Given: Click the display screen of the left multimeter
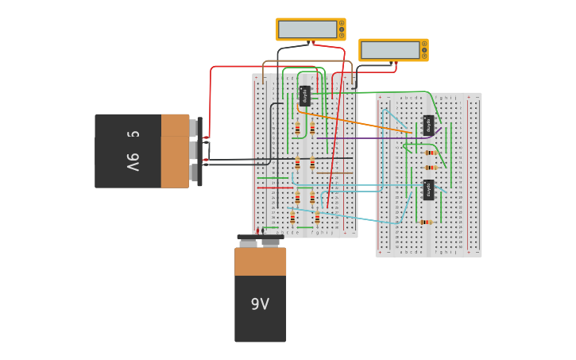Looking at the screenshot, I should pos(307,29).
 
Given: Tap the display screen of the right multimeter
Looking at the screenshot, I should pos(389,50).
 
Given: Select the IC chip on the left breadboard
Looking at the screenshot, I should pos(305,95).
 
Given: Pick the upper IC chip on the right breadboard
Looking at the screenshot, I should pos(428,125).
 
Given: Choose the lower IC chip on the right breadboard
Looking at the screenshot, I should pos(428,190).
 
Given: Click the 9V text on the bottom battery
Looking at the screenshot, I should pos(260,304).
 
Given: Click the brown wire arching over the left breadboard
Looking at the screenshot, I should pos(306,61).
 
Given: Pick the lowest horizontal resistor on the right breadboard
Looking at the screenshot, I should pos(426,222).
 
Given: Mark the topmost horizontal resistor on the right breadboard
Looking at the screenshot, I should pos(431,153).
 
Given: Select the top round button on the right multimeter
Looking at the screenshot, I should pos(424,44).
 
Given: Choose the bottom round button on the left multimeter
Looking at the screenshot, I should pos(342,36).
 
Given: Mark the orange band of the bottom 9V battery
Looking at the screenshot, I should pos(260,261).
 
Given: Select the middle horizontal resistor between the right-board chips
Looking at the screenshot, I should pos(431,168).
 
